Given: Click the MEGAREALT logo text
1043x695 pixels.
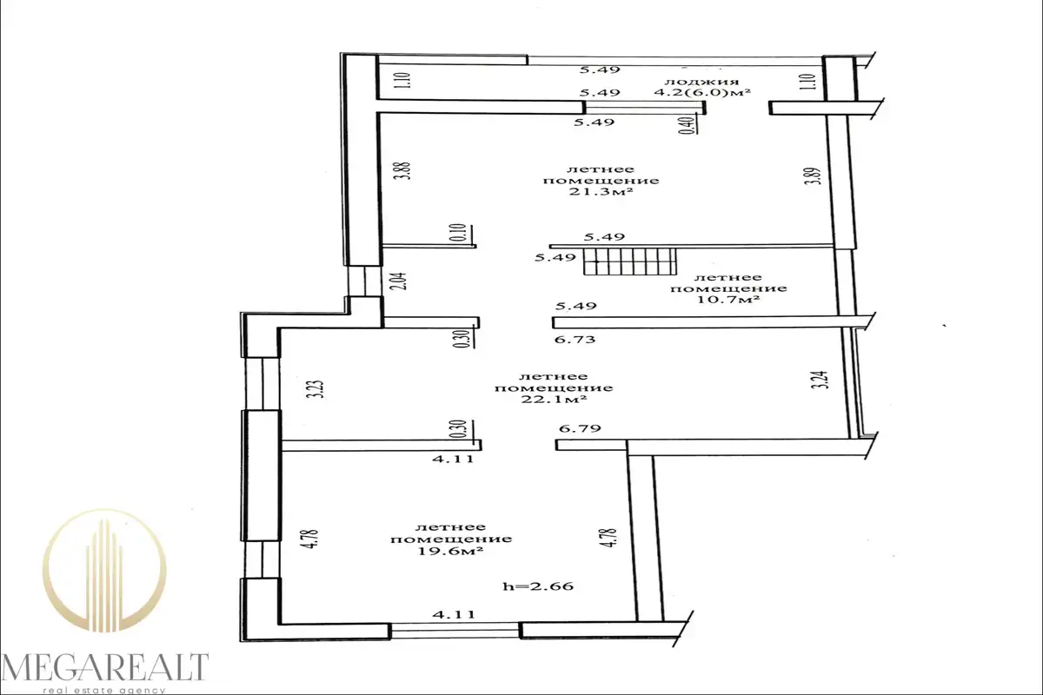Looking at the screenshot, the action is point(105,667).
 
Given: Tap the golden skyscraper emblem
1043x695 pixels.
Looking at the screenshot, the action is point(104,571).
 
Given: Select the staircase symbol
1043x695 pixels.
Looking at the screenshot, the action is point(630,261).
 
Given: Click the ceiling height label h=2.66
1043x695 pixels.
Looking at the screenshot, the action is point(538,586).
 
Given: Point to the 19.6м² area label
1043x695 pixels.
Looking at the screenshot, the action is point(450,551).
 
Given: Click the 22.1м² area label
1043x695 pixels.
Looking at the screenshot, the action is point(554,400).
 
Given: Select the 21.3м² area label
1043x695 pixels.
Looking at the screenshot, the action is point(601,191).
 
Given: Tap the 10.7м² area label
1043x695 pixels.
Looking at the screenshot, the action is point(728,300).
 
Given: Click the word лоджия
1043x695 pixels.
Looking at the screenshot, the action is point(701,82).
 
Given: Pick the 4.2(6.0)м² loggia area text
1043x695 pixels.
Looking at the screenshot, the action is point(702,92).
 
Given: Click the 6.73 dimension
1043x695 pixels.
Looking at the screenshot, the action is point(575,340).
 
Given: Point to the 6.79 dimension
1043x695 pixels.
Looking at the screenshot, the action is point(580,427).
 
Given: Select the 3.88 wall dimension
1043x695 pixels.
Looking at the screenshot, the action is point(406,171).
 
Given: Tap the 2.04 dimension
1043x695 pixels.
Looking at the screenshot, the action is point(402,281).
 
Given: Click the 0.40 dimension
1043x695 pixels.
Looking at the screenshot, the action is point(688,126).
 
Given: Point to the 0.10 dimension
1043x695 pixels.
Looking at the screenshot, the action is point(459,232).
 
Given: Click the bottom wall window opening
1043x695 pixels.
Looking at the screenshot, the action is point(455,632).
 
